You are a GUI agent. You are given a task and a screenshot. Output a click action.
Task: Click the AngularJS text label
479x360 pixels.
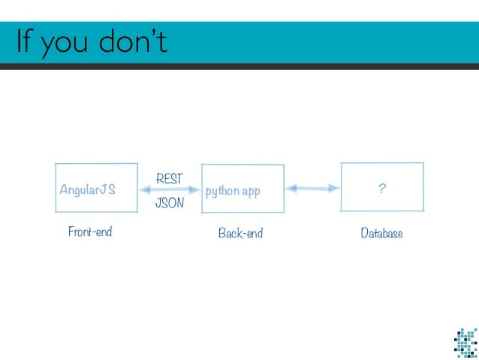(x=87, y=190)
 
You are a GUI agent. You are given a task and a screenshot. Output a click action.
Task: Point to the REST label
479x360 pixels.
(x=169, y=179)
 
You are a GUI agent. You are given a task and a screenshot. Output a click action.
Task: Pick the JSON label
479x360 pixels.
(x=169, y=203)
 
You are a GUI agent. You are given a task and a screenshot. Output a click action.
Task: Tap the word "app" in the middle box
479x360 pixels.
(x=251, y=192)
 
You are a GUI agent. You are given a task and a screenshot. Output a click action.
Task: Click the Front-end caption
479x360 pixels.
(x=90, y=232)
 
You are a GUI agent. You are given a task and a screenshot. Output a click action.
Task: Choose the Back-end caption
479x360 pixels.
(x=240, y=234)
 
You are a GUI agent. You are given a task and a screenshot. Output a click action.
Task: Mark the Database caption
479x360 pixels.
(x=381, y=234)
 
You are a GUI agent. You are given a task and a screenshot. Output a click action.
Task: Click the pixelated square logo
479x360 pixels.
(x=465, y=342)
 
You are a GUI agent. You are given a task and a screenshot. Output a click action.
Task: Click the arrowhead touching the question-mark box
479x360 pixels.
(x=334, y=188)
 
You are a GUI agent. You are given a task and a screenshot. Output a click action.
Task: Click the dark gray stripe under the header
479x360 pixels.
(x=239, y=66)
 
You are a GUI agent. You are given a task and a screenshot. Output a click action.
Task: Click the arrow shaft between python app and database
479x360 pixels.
(x=313, y=189)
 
